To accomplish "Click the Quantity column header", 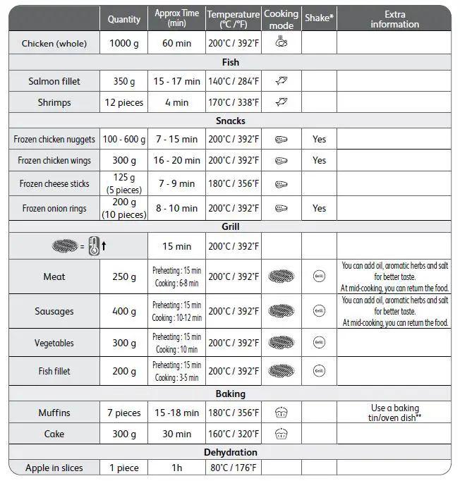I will pyautogui.click(x=124, y=19).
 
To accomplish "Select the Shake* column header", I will pyautogui.click(x=319, y=18).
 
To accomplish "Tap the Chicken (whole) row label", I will pyautogui.click(x=54, y=44).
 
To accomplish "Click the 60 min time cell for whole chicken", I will pyautogui.click(x=176, y=44).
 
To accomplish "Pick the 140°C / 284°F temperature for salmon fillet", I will pyautogui.click(x=234, y=82).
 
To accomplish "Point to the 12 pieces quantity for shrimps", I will pyautogui.click(x=124, y=103).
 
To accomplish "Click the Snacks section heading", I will pyautogui.click(x=230, y=121).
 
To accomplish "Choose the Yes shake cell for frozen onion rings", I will pyautogui.click(x=319, y=209).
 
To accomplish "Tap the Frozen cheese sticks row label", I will pyautogui.click(x=54, y=184).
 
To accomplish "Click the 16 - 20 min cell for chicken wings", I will pyautogui.click(x=176, y=161).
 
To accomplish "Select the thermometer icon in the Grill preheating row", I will pyautogui.click(x=95, y=248).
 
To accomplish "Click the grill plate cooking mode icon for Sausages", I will pyautogui.click(x=282, y=311).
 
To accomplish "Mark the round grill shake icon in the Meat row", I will pyautogui.click(x=319, y=277).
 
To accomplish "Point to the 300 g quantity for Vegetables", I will pyautogui.click(x=124, y=343).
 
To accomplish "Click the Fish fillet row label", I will pyautogui.click(x=54, y=372).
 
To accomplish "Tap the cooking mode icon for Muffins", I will pyautogui.click(x=282, y=413).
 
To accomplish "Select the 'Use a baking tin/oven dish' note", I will pyautogui.click(x=394, y=413).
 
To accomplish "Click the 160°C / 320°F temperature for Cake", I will pyautogui.click(x=234, y=434).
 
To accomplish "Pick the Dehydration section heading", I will pyautogui.click(x=230, y=452).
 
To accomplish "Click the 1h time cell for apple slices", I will pyautogui.click(x=176, y=468).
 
